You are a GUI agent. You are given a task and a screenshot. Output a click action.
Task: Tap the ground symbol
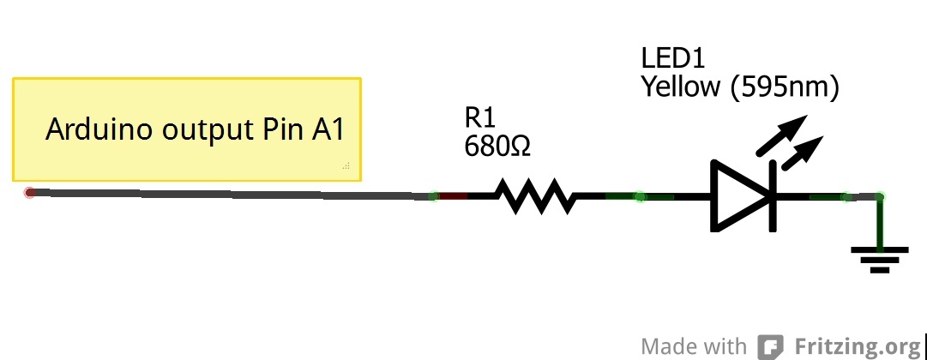click(879, 258)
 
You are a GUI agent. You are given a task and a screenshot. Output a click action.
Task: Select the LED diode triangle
click(740, 196)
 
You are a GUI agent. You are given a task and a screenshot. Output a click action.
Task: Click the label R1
click(480, 117)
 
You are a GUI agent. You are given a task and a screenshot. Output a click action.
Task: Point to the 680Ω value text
click(497, 147)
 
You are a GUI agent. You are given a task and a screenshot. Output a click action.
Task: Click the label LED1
click(671, 58)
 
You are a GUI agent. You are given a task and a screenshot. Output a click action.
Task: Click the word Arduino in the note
click(94, 130)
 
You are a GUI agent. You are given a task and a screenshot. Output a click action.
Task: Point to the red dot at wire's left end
click(30, 193)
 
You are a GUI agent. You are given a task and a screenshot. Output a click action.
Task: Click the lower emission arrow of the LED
click(801, 154)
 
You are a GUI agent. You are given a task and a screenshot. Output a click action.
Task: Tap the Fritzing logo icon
click(769, 347)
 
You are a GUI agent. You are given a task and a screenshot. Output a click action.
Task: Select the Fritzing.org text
click(857, 346)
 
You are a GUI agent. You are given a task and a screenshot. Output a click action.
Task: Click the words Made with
click(694, 346)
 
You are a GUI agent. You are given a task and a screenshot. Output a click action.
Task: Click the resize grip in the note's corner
click(346, 165)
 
